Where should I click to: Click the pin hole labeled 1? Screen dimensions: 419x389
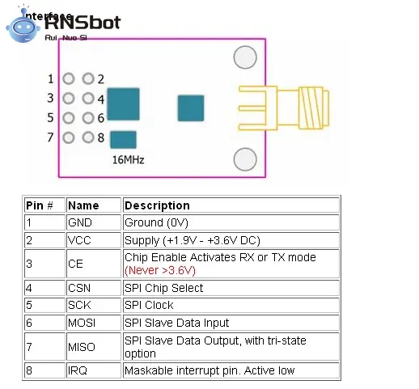pos(69,79)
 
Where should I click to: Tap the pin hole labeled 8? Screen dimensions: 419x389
pos(88,137)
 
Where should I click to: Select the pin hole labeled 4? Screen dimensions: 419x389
pos(88,99)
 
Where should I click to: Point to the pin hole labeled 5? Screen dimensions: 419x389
pos(69,118)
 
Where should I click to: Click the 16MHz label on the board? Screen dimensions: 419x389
pos(128,160)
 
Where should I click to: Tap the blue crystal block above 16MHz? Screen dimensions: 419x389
pos(124,140)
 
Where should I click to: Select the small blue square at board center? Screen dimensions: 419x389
pos(191,108)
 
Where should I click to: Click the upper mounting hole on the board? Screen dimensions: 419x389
pos(245,57)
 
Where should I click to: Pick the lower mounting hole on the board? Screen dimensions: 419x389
pos(245,159)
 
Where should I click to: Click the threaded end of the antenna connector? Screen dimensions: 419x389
pos(314,108)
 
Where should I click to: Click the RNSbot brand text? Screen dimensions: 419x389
pos(83,22)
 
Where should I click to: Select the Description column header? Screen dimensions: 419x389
pos(157,205)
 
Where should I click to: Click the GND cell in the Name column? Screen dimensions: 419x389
pos(80,222)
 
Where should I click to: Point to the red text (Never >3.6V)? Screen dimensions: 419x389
pos(160,270)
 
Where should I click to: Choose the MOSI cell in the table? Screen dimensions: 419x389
pos(82,323)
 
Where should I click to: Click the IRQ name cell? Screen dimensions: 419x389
pos(78,370)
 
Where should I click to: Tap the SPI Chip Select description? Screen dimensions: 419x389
pos(163,288)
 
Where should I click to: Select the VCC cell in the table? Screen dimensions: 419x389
pos(79,240)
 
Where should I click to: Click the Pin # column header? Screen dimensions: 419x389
pos(40,205)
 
